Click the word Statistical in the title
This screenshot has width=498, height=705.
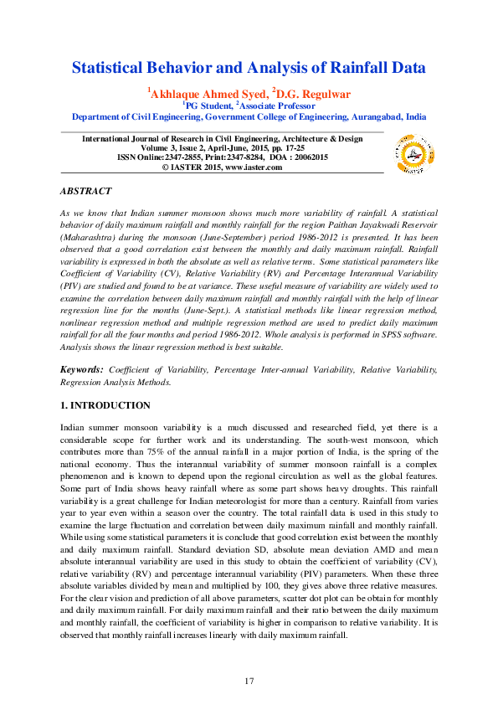point(111,68)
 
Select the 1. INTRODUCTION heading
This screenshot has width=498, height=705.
point(105,405)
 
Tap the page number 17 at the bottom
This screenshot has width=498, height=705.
point(249,681)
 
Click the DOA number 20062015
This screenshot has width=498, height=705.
point(310,157)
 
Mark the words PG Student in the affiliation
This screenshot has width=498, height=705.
point(208,106)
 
